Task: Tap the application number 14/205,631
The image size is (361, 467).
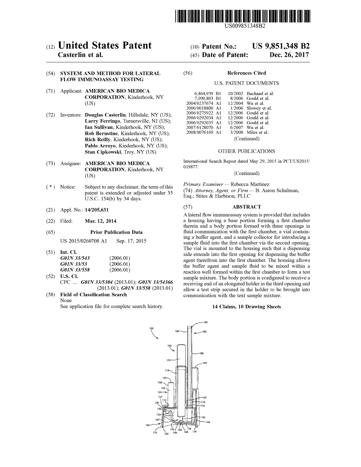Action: [x=97, y=210]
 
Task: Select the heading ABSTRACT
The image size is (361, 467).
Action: [x=246, y=207]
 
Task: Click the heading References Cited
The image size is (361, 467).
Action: [x=246, y=73]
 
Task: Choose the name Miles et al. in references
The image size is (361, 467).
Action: [x=258, y=132]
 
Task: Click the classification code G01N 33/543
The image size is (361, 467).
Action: [x=75, y=258]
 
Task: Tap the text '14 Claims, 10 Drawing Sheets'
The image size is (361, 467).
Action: [x=246, y=307]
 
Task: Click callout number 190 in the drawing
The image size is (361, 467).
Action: [x=205, y=322]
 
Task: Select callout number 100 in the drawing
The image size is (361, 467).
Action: [x=151, y=328]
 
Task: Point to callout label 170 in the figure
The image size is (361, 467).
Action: [x=168, y=360]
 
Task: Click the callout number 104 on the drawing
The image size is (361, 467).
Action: [x=205, y=363]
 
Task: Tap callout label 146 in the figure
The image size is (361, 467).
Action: [x=208, y=422]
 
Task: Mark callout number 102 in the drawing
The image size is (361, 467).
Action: [x=147, y=425]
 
